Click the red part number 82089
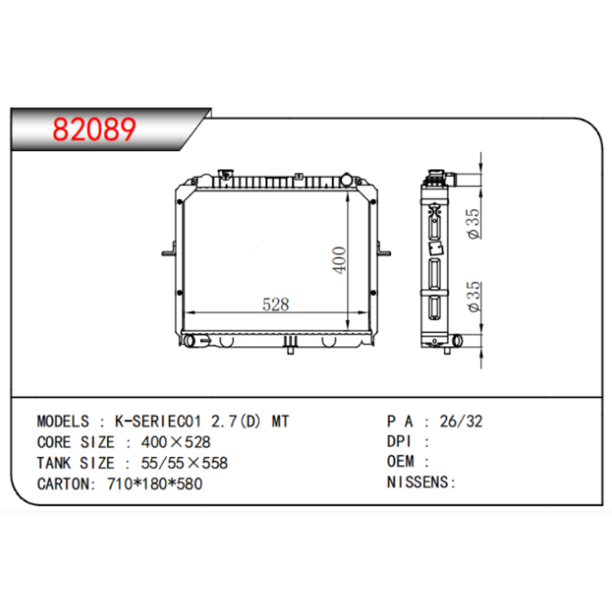[x=94, y=129]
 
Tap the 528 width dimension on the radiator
[x=276, y=304]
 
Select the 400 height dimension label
[x=339, y=260]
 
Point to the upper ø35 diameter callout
[x=474, y=224]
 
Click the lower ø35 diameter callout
[x=474, y=296]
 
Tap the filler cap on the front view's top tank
[x=225, y=175]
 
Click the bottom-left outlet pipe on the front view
[x=189, y=341]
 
